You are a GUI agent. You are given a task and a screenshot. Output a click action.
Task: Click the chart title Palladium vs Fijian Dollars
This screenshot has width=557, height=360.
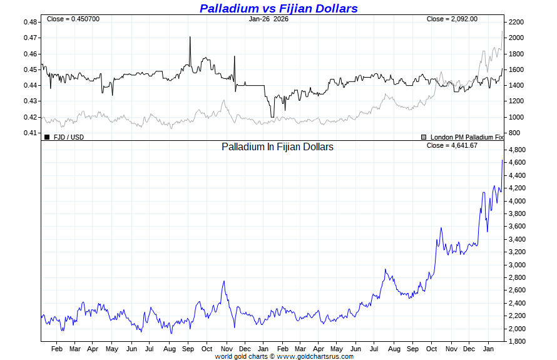278,8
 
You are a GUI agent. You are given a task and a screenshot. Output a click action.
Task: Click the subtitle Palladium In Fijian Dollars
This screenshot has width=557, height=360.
277,147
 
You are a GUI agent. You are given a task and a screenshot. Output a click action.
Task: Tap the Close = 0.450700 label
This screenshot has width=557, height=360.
73,19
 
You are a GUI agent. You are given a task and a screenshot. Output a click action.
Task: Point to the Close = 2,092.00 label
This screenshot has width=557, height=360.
452,19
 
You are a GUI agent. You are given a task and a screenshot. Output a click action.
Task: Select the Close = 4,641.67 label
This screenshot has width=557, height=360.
452,145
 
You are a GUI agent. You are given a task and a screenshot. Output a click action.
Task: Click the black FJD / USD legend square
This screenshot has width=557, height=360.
47,136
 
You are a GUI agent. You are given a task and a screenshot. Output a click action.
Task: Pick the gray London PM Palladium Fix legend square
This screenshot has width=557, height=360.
424,136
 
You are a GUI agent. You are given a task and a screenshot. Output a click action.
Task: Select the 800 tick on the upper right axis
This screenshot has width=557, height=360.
514,133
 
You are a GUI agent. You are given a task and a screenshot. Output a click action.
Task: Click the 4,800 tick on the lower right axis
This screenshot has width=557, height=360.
518,150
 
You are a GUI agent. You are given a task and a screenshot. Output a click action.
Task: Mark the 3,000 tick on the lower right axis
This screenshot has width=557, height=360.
518,265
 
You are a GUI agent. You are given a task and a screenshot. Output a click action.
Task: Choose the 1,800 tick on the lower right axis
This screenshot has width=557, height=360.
518,341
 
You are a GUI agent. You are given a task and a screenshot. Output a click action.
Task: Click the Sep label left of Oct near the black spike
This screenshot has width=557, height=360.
188,348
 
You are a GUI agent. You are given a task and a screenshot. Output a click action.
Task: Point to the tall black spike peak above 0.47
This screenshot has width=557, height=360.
190,37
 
